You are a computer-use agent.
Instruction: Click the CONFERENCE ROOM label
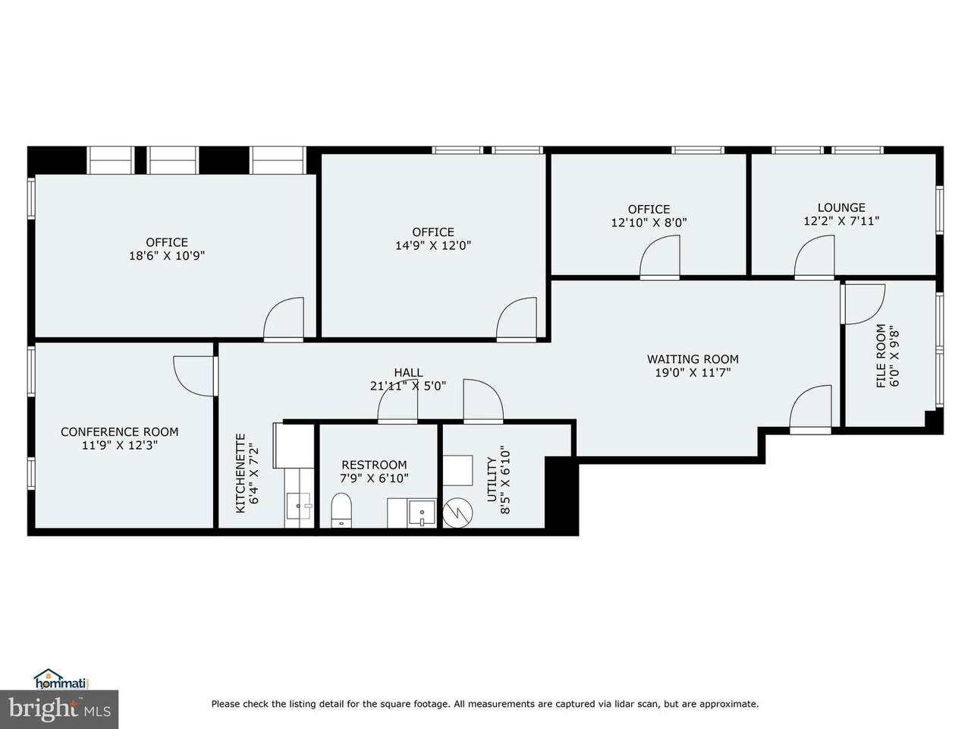(x=119, y=431)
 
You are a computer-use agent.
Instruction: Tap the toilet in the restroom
(x=341, y=510)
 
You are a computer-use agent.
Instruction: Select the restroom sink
(x=422, y=513)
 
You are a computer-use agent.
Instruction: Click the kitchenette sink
(x=299, y=506)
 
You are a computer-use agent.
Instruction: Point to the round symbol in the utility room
(x=458, y=513)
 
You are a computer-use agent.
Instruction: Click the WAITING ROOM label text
(x=693, y=359)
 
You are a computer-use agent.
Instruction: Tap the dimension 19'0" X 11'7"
(x=693, y=373)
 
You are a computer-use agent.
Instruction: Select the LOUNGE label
(x=841, y=207)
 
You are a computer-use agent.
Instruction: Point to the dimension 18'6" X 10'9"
(x=167, y=256)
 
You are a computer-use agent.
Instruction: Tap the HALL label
(x=408, y=373)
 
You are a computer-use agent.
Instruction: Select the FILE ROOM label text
(x=881, y=356)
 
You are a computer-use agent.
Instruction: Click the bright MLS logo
(x=59, y=709)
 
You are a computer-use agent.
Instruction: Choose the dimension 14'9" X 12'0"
(x=433, y=245)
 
